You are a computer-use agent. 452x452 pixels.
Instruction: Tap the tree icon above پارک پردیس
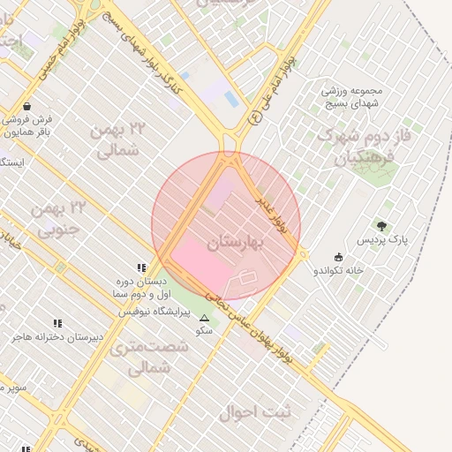[x=381, y=227]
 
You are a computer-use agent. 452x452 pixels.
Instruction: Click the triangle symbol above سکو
[x=205, y=318]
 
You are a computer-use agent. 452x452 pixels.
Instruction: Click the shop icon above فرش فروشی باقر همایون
[x=26, y=105]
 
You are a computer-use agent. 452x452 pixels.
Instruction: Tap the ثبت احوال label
[x=273, y=411]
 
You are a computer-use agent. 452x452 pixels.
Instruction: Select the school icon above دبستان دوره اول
[x=140, y=267]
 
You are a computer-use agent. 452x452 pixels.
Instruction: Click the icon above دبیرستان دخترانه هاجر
[x=57, y=324]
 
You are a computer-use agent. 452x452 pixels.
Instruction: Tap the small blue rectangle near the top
[x=231, y=98]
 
